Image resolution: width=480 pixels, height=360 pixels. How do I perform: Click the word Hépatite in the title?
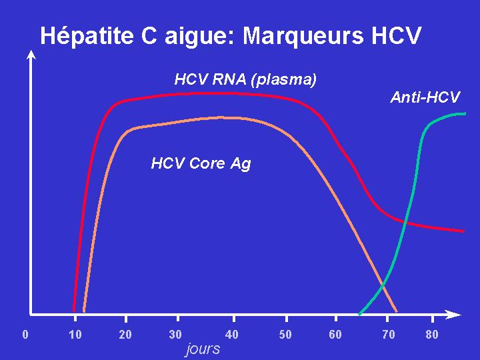(87, 36)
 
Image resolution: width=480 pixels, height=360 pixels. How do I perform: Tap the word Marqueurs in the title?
(303, 36)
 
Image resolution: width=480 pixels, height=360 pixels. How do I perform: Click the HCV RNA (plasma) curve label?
(245, 80)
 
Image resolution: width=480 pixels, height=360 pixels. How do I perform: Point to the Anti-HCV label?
(425, 97)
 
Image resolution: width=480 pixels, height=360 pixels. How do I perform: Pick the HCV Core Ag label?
(201, 163)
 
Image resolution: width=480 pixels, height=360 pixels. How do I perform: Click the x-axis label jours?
(203, 349)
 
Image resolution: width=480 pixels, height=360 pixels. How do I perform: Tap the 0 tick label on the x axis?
(25, 334)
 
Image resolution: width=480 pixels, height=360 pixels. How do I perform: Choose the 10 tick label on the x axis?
(75, 334)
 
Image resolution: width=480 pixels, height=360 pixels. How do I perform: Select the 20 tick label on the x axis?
(125, 334)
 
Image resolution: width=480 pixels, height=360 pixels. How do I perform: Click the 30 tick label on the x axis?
(175, 334)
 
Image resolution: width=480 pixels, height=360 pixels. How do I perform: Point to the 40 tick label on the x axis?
(232, 334)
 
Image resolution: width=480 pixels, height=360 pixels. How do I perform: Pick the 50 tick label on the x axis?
(285, 334)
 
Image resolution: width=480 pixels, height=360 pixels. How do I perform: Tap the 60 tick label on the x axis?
(335, 334)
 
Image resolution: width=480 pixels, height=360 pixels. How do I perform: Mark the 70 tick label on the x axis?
(389, 334)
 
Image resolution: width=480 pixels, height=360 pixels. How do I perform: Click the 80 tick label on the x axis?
(431, 334)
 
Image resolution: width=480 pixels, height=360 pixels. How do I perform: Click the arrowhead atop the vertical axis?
(31, 55)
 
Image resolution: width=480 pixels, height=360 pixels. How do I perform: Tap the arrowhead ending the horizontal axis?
(454, 315)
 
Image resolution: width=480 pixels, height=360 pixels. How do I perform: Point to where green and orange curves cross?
(383, 286)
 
